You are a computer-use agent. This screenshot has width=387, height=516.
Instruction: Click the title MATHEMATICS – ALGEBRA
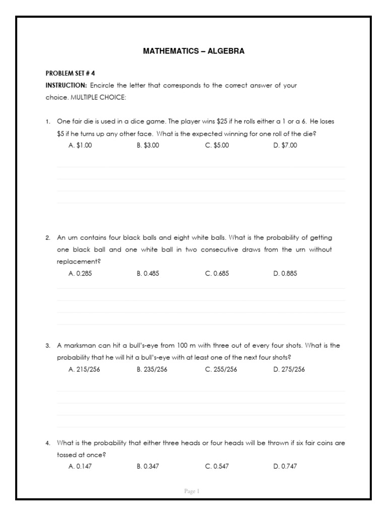[193, 51]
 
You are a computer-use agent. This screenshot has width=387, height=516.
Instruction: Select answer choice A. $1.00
[80, 145]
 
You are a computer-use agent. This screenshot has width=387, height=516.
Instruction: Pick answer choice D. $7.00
[285, 145]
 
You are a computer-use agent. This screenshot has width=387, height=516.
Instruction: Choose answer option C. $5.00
[217, 145]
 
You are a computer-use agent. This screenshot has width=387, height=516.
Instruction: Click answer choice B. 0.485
[148, 274]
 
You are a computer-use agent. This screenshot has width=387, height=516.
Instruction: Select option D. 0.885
[285, 274]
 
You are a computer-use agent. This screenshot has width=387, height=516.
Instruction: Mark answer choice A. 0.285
[80, 274]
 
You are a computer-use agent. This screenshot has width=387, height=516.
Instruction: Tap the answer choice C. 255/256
[221, 369]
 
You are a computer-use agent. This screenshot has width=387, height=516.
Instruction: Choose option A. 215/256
[84, 369]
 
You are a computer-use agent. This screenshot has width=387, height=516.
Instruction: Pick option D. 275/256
[289, 369]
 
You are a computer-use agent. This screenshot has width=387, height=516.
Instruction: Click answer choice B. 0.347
[148, 467]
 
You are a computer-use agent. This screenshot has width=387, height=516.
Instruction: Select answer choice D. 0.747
[285, 467]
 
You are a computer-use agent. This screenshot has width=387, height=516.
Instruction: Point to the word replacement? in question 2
[79, 262]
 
